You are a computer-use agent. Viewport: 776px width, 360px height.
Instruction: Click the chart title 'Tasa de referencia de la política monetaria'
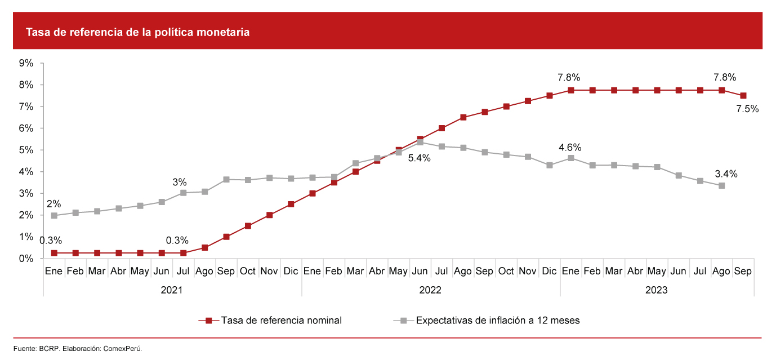138,33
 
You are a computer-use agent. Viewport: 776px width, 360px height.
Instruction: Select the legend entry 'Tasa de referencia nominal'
281,321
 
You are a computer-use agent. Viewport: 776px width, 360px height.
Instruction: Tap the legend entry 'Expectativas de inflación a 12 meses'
498,321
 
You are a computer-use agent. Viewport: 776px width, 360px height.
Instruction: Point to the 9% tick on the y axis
26,63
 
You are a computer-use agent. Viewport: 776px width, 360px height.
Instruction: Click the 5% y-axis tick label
26,150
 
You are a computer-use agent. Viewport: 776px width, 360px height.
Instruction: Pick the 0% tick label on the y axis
26,259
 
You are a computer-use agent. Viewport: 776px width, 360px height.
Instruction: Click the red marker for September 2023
743,96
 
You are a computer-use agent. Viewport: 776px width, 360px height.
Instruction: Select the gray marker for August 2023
722,185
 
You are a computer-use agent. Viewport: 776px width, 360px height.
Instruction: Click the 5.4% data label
419,158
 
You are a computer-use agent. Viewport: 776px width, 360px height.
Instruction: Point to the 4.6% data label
570,148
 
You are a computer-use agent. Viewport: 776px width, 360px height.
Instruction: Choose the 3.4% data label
726,174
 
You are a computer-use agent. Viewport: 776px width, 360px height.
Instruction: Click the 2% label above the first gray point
53,204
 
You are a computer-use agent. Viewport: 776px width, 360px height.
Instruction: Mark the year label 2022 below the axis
431,290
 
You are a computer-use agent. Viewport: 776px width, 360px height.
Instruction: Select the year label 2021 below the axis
172,290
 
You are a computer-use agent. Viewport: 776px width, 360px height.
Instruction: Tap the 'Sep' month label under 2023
743,272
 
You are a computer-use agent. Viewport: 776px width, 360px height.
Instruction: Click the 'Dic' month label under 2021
291,272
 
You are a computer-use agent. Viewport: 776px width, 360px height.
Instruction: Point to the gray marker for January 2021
54,215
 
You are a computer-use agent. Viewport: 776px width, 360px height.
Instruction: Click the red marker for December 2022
550,96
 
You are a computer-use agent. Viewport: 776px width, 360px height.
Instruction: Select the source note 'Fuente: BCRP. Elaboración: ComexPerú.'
78,349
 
